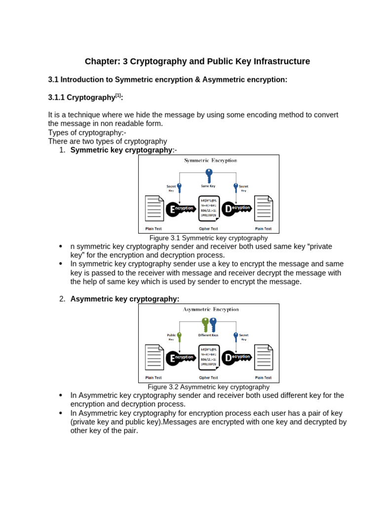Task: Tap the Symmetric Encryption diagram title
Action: pyautogui.click(x=210, y=160)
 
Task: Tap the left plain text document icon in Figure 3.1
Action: pyautogui.click(x=154, y=209)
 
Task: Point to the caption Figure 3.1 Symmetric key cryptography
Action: pyautogui.click(x=208, y=238)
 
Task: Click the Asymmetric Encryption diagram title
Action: pyautogui.click(x=211, y=309)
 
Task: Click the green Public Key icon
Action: pyautogui.click(x=179, y=337)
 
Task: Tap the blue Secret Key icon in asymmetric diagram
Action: pyautogui.click(x=236, y=337)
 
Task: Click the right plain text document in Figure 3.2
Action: pyautogui.click(x=263, y=357)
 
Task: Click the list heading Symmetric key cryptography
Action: pyautogui.click(x=121, y=150)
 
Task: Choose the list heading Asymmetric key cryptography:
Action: pyautogui.click(x=125, y=299)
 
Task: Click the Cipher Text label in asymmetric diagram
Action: pyautogui.click(x=208, y=378)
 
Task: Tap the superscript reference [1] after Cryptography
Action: pyautogui.click(x=118, y=95)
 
